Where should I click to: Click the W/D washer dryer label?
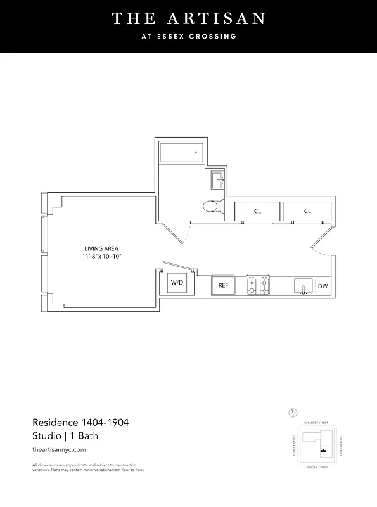click(177, 283)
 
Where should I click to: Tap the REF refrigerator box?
click(223, 285)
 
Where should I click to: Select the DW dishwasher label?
click(323, 286)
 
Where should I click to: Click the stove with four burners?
click(258, 285)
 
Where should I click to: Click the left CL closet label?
click(257, 211)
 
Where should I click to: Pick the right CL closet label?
click(307, 211)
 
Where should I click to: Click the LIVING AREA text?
click(101, 248)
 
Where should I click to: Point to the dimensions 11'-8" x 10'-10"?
click(101, 257)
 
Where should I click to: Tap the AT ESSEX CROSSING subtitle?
click(188, 36)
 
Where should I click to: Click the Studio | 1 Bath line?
click(65, 435)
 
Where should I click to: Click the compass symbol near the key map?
click(293, 413)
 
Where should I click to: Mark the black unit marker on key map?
click(324, 451)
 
